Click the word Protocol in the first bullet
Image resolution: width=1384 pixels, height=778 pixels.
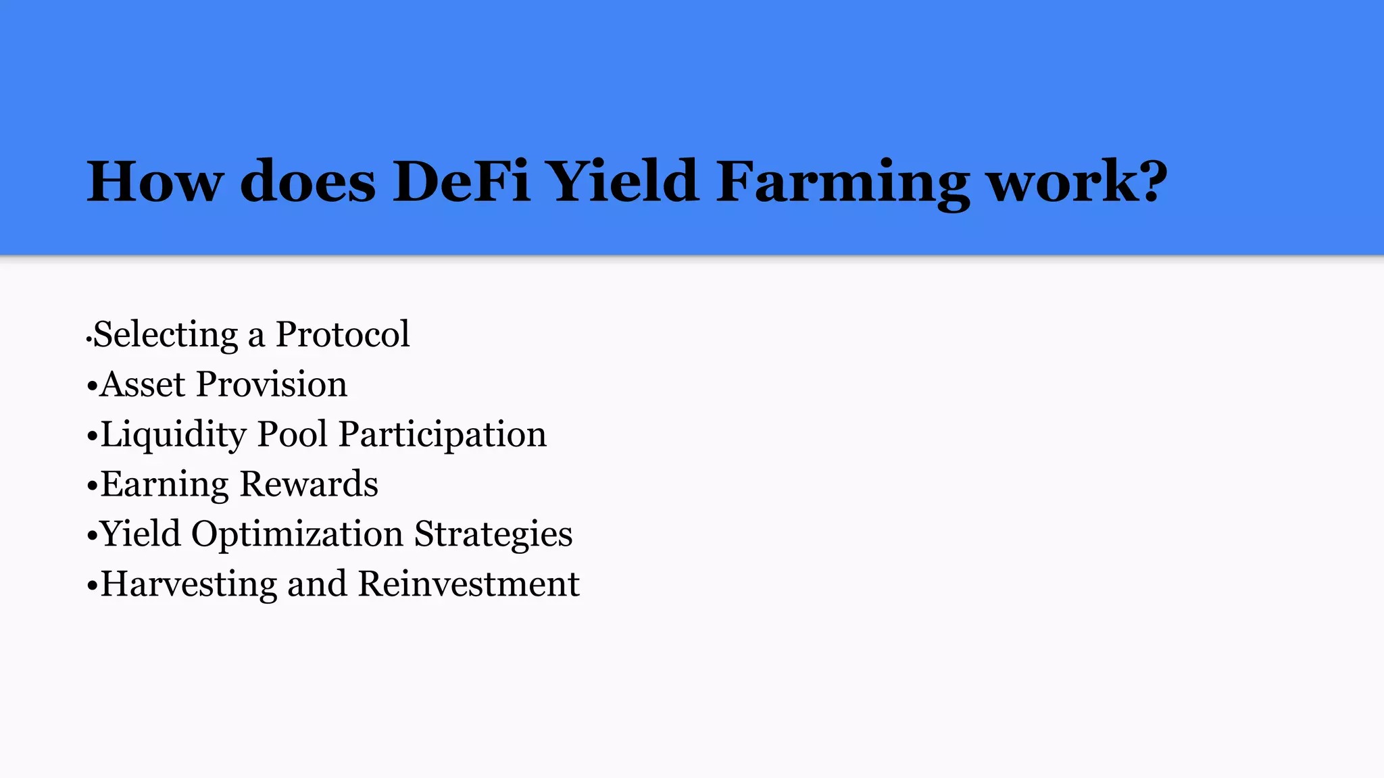point(342,334)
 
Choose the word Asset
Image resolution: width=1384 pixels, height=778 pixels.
point(143,384)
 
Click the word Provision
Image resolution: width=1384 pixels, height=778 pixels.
point(272,384)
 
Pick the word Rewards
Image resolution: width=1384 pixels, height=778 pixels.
point(309,484)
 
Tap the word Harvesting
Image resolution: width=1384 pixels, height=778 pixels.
point(189,585)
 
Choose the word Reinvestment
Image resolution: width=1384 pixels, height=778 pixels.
point(468,584)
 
